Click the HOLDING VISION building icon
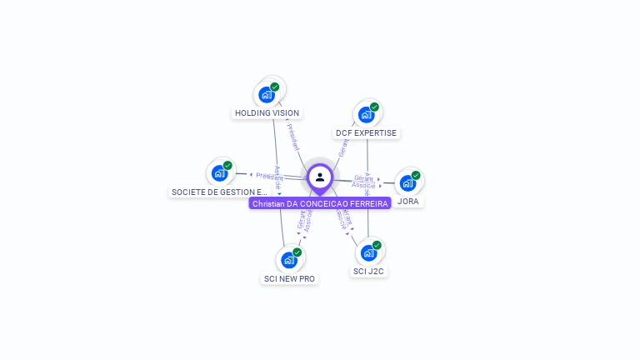[x=267, y=94]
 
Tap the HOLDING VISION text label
[x=267, y=113]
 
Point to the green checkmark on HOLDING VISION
[x=275, y=87]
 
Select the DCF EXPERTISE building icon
[x=366, y=115]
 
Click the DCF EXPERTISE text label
[x=367, y=133]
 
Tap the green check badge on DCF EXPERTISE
[x=375, y=107]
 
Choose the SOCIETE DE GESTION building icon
[x=219, y=173]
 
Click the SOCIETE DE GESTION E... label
[x=219, y=192]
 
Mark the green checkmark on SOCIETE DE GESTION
[x=227, y=165]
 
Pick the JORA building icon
[x=407, y=182]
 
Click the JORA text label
[x=408, y=202]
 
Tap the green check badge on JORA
[x=416, y=175]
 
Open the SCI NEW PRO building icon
[x=288, y=260]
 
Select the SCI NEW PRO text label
[x=289, y=278]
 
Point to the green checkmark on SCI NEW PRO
[x=297, y=252]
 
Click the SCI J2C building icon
[x=368, y=252]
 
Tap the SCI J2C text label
[x=368, y=271]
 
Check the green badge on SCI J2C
[x=377, y=245]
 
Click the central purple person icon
[x=320, y=177]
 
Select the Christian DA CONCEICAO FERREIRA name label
[x=320, y=203]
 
